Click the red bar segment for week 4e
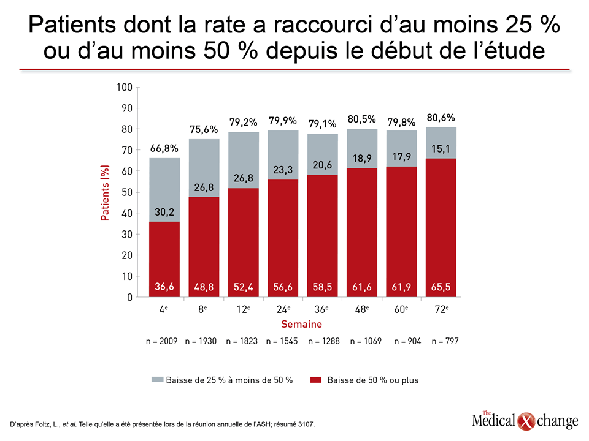164,259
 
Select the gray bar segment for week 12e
244,160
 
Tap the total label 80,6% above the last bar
441,118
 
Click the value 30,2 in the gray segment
164,213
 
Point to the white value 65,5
441,287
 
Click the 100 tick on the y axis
125,88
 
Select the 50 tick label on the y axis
127,192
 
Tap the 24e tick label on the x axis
283,309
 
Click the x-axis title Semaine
302,325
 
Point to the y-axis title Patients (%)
105,193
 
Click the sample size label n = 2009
161,341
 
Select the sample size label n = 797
445,341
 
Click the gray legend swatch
158,380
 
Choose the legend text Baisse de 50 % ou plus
373,380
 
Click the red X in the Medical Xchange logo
526,421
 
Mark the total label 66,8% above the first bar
164,148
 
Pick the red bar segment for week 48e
362,233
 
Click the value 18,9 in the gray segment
362,159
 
